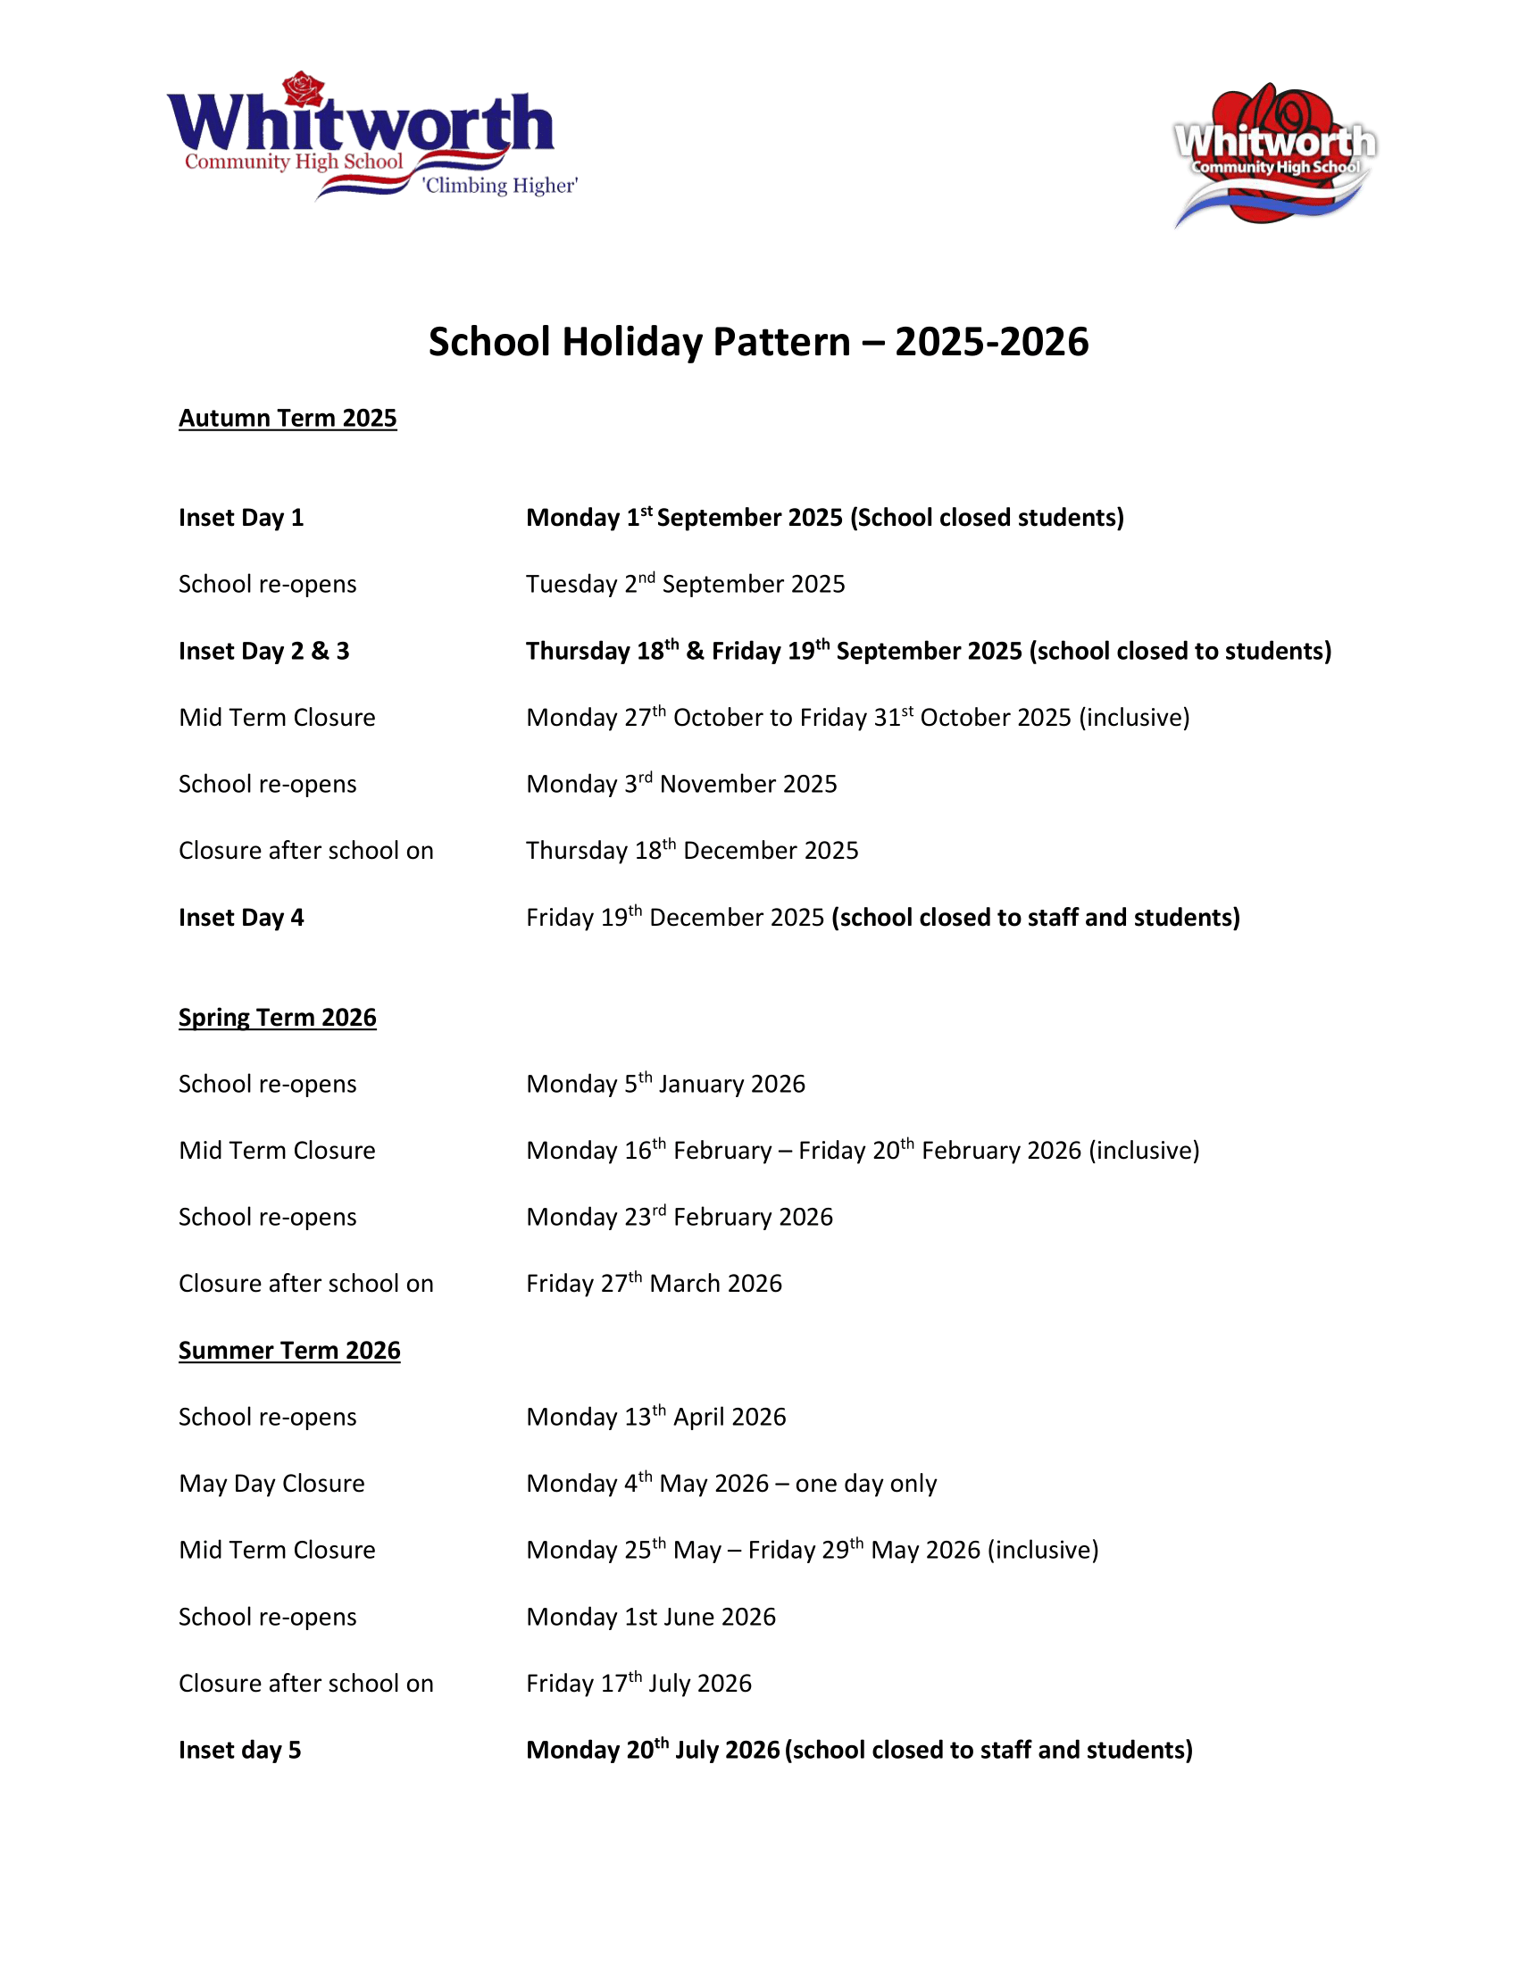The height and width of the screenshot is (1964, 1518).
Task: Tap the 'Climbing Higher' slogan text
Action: coord(500,186)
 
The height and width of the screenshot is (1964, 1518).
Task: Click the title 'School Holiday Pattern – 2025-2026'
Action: coord(758,342)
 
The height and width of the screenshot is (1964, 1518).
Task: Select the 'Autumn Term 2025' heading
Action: coord(288,418)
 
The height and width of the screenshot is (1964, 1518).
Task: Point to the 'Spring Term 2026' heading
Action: coord(277,1017)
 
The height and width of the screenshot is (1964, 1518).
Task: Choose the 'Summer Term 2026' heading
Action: coord(288,1350)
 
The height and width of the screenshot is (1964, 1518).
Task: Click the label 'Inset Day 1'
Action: coord(241,518)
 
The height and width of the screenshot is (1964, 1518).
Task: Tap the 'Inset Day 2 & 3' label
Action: coord(263,651)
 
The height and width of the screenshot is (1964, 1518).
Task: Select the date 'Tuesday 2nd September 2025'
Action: coord(685,585)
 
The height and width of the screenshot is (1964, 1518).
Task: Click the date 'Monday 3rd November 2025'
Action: coord(680,784)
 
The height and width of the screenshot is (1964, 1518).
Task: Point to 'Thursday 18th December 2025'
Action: coord(691,851)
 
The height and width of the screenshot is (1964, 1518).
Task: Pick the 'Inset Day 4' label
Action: coord(241,917)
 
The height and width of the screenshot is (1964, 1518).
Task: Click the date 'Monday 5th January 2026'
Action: coord(665,1084)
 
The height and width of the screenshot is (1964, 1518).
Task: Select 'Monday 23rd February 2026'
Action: coord(679,1217)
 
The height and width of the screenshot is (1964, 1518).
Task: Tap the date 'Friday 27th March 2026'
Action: coord(654,1283)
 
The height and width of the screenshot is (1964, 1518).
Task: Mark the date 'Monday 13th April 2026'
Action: coord(655,1418)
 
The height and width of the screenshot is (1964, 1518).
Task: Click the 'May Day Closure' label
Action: coord(271,1484)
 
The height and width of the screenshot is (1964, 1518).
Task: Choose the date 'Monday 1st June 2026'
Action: coord(650,1617)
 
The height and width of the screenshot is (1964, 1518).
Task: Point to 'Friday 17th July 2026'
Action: coord(638,1684)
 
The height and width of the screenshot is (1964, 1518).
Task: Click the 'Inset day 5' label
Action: coord(239,1750)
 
